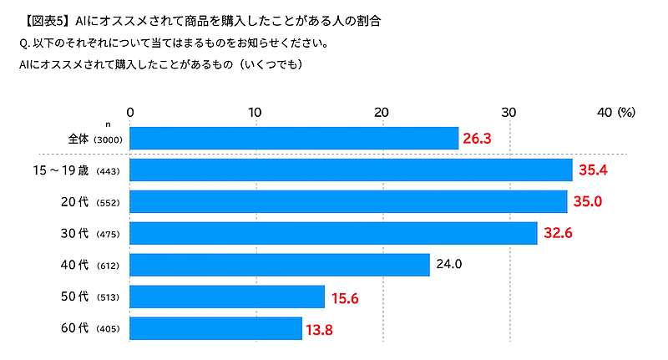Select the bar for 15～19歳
click(x=351, y=170)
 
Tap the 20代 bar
click(x=348, y=202)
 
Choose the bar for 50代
click(x=227, y=297)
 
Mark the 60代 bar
click(x=215, y=328)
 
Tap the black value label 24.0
click(x=448, y=266)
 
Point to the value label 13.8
click(x=320, y=329)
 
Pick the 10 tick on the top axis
click(x=256, y=112)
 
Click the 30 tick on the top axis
click(x=509, y=112)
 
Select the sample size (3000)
click(x=109, y=140)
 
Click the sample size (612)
click(x=110, y=267)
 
